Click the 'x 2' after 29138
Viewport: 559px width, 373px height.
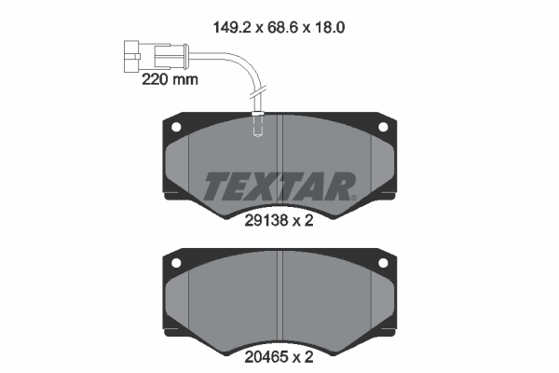[304, 221]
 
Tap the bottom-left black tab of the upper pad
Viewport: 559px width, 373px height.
[173, 196]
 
